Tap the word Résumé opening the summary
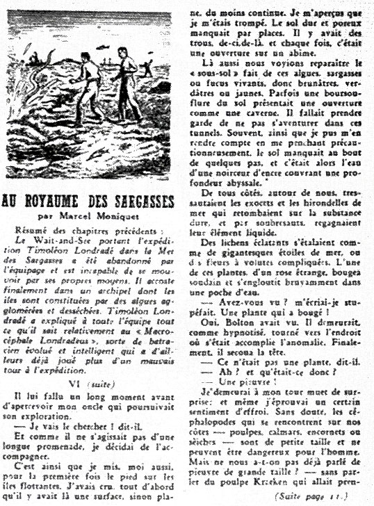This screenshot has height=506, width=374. (36, 232)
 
